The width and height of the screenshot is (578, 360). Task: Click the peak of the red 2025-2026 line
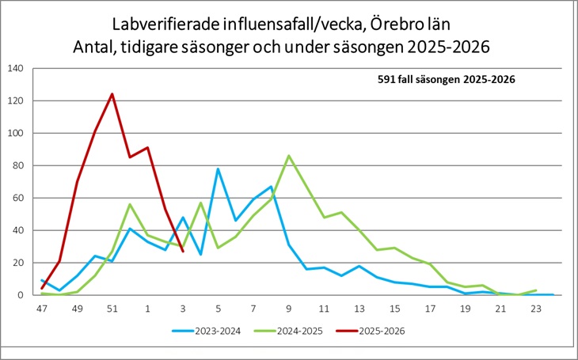click(112, 94)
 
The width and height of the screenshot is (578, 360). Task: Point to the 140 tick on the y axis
click(16, 68)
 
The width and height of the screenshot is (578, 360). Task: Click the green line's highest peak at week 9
click(289, 156)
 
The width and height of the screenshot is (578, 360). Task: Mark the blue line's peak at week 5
click(219, 169)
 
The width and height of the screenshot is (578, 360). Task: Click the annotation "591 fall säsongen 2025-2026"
click(446, 79)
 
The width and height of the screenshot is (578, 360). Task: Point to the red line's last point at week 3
click(183, 251)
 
